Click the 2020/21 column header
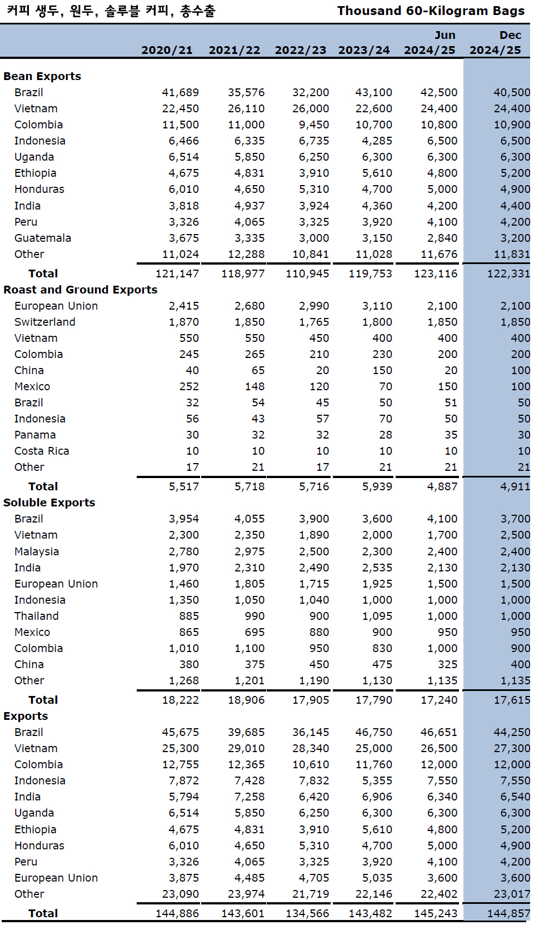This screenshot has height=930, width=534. (167, 50)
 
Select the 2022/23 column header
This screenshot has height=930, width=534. (300, 50)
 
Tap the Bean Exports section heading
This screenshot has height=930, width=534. (42, 76)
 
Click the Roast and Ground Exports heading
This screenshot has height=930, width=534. (81, 290)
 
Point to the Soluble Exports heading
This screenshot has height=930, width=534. (49, 503)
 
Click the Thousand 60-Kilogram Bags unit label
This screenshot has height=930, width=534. (431, 11)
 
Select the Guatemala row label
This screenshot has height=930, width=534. (43, 238)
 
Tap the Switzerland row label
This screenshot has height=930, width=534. (45, 322)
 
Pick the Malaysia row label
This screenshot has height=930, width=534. (37, 551)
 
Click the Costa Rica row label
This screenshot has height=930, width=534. (42, 451)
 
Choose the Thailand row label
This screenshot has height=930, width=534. (37, 616)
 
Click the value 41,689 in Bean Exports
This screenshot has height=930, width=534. (180, 92)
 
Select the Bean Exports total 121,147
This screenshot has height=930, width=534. (177, 273)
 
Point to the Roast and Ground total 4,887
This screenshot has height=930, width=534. (442, 486)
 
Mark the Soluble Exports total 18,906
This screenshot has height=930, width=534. (246, 700)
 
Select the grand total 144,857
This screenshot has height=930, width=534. (508, 913)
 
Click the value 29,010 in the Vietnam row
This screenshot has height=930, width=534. (246, 748)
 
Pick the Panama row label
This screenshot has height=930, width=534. (35, 435)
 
